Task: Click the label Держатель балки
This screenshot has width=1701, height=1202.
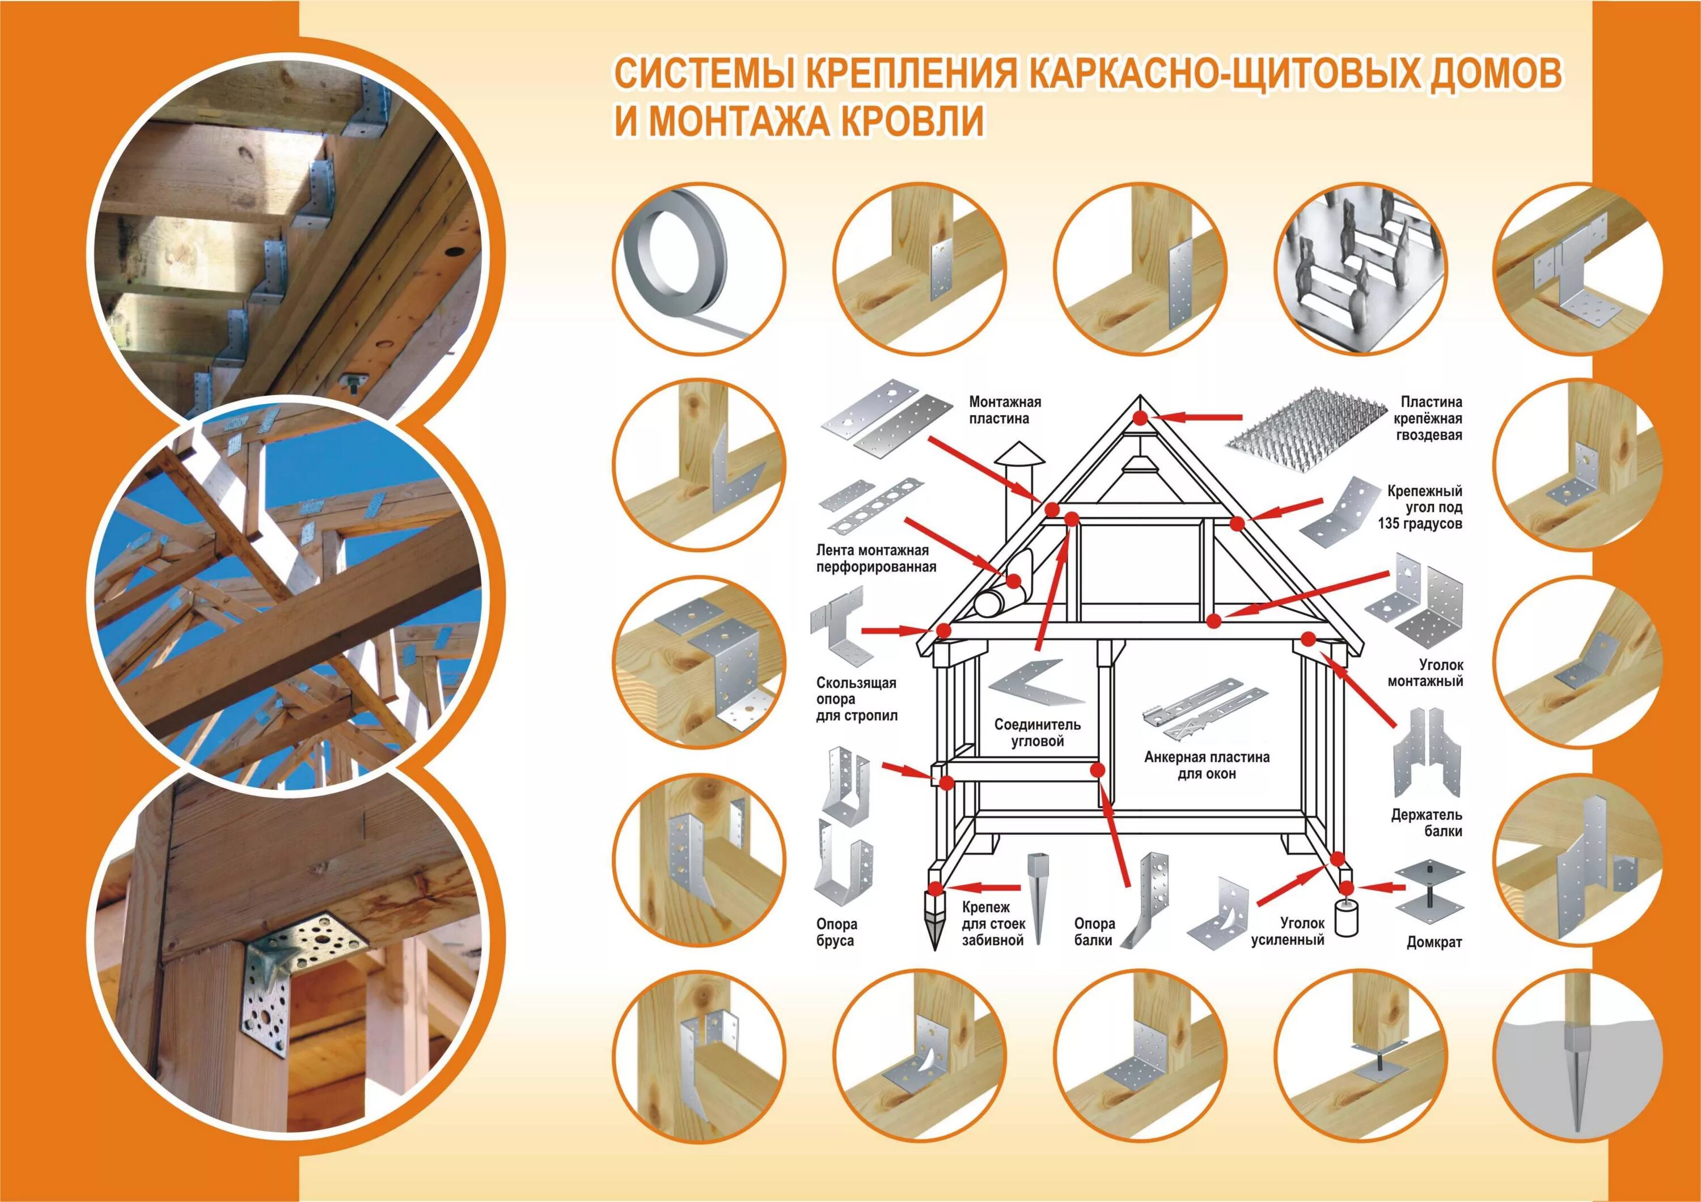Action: point(1426,823)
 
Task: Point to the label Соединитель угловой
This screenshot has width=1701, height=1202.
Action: point(1037,733)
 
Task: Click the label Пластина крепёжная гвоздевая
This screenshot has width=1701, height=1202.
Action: point(1430,418)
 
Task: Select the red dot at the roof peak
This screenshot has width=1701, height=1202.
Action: point(1140,418)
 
